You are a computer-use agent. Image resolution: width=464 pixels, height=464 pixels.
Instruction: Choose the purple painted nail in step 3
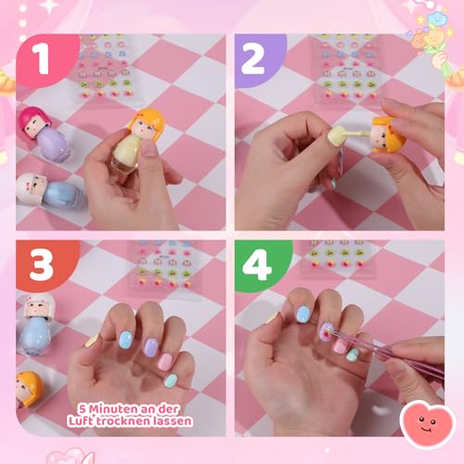point(149,347)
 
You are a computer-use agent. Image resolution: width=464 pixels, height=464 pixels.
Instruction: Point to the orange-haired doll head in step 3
point(30,386)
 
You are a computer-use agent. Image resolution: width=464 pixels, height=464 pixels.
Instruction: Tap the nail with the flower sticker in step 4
point(327,331)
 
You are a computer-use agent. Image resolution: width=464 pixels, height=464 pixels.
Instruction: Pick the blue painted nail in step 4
point(303,316)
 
